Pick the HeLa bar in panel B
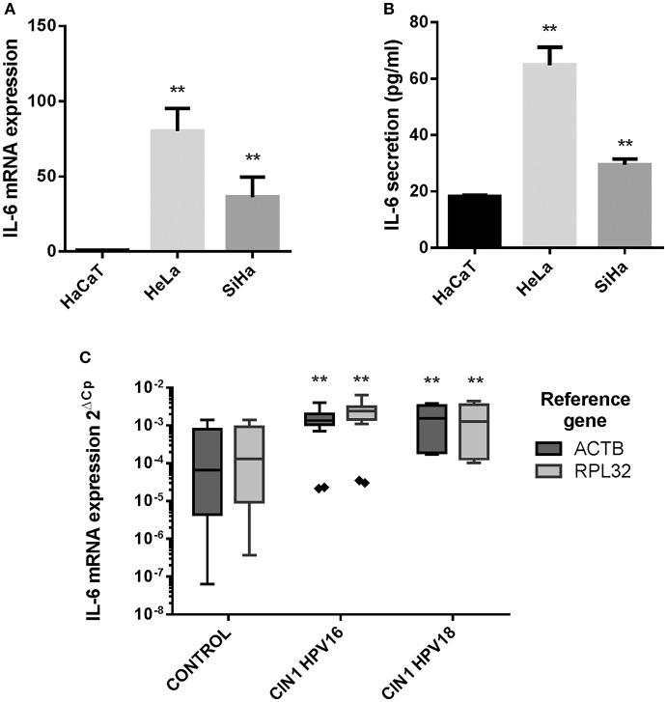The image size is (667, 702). (x=549, y=154)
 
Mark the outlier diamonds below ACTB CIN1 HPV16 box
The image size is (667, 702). (x=321, y=488)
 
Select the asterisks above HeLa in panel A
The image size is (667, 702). (x=178, y=91)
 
